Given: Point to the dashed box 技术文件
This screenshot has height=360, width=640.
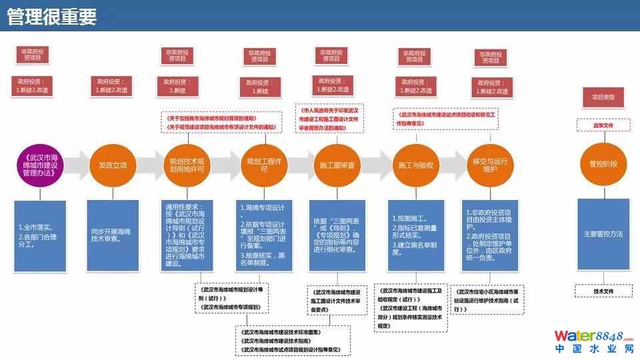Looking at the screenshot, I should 603,291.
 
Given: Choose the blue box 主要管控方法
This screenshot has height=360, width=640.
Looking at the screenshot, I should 603,234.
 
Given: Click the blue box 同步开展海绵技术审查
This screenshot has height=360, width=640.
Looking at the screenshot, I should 113,235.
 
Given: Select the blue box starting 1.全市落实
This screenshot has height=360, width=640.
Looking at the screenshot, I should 41,235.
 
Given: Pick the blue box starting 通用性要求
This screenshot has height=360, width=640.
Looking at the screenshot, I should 187,235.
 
